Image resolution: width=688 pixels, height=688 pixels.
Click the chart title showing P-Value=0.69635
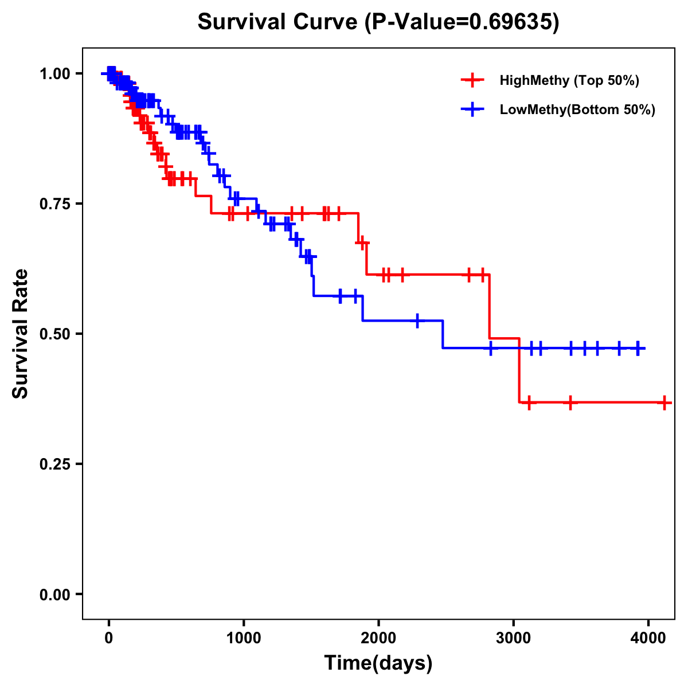[378, 22]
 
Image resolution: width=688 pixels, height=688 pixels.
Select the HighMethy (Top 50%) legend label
[569, 80]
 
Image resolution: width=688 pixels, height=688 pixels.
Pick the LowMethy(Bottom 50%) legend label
[577, 110]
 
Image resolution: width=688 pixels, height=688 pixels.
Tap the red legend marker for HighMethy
[472, 80]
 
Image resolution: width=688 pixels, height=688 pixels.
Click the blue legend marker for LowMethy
[472, 110]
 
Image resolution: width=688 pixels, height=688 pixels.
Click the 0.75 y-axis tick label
[54, 204]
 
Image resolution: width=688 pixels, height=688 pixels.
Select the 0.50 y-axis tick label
[54, 334]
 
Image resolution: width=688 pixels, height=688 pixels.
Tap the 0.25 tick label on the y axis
[54, 464]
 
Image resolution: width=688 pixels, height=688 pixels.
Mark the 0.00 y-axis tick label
[54, 595]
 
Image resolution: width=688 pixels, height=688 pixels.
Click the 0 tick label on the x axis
[109, 638]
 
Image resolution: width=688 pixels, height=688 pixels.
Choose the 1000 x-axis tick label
[244, 638]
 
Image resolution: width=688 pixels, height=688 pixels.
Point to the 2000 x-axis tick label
[378, 638]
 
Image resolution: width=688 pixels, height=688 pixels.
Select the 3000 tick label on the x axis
[514, 638]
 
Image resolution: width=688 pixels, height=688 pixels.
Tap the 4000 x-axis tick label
[648, 638]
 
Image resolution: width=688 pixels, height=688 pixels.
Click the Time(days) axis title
[378, 663]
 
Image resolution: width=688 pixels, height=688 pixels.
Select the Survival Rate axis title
[21, 334]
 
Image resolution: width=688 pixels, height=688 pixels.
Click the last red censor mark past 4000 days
[664, 402]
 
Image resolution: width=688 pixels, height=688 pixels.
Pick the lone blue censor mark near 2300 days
[417, 320]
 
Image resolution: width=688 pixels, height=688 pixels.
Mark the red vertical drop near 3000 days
[519, 370]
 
